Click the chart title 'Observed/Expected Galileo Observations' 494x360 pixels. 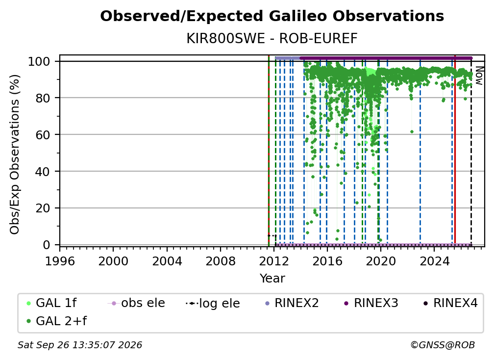pos(272,16)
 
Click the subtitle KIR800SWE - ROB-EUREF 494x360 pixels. pos(272,39)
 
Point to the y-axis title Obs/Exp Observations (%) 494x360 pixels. pos(15,154)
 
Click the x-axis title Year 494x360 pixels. pos(272,279)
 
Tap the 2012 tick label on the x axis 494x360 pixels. pos(274,261)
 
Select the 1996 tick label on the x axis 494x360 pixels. pos(60,261)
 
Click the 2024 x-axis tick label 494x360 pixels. pos(434,261)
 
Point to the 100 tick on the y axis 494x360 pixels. pos(39,61)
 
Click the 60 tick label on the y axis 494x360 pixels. pos(43,134)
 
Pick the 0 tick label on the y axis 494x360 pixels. pos(47,245)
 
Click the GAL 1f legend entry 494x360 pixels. pos(51,303)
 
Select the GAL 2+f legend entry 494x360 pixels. pos(57,321)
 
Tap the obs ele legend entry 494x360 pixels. pos(136,303)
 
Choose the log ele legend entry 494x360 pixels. pos(213,303)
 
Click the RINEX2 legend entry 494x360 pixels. pos(292,303)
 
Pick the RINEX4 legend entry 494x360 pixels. pos(451,303)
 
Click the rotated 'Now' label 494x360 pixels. pos(479,76)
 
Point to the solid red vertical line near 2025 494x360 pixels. pos(455,151)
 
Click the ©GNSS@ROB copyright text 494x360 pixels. pos(443,345)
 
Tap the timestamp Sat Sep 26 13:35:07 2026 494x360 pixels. pos(80,345)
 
